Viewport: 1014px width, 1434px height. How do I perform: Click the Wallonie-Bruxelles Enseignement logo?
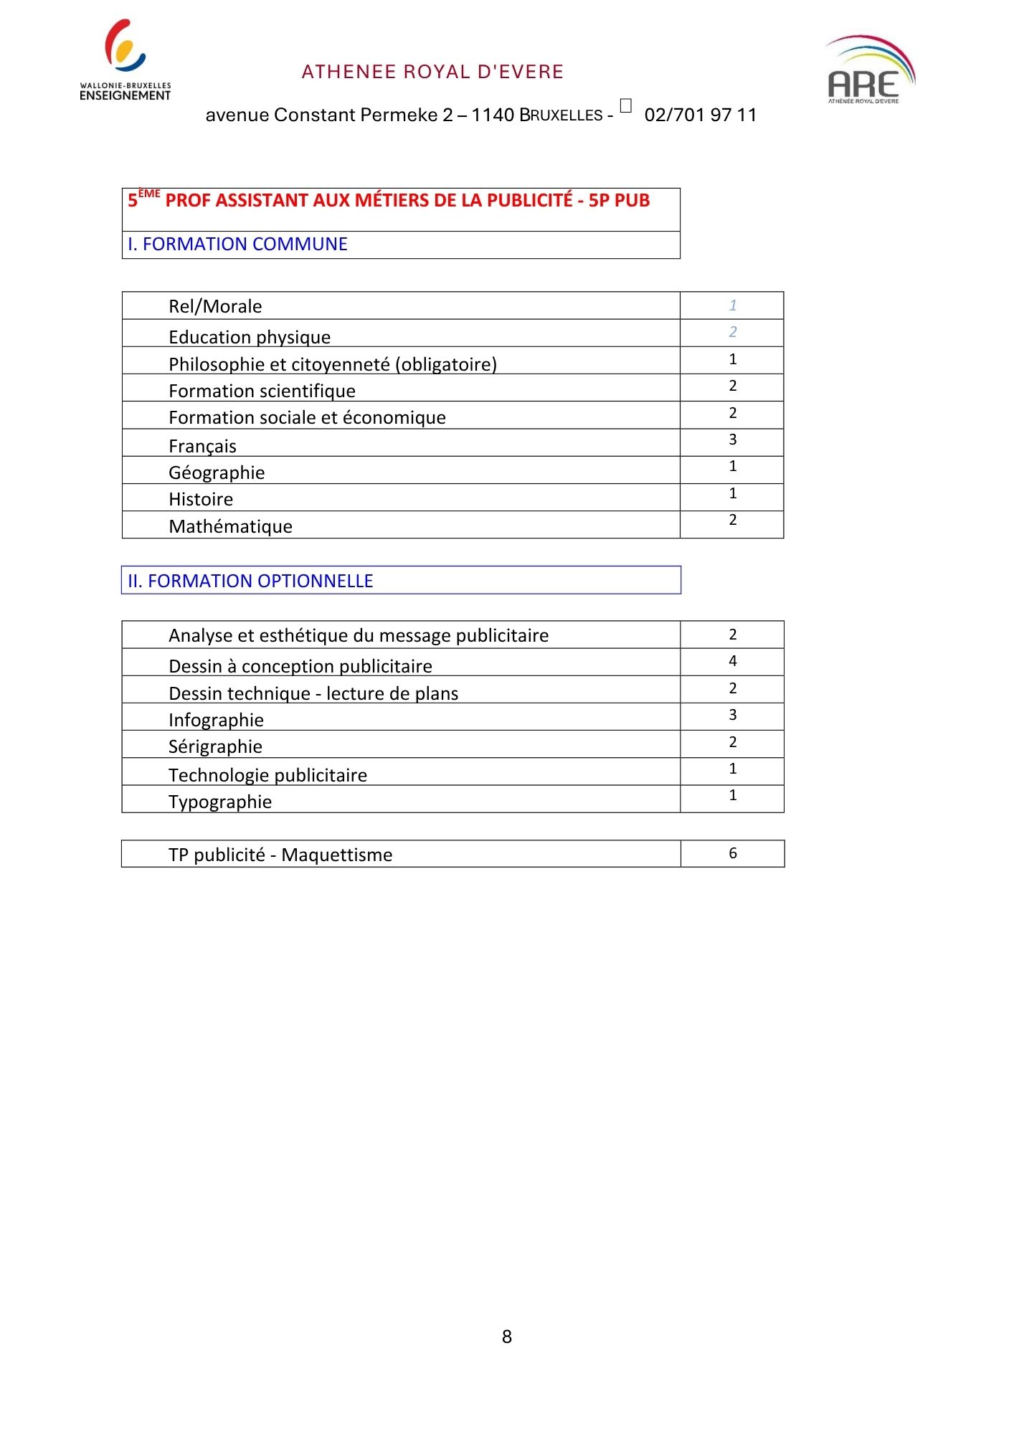(125, 60)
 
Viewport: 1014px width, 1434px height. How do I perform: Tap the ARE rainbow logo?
(869, 70)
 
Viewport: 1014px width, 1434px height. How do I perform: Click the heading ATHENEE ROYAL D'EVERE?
(432, 72)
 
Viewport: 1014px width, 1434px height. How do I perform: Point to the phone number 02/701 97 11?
(700, 115)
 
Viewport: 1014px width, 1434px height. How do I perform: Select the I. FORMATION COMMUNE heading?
(237, 244)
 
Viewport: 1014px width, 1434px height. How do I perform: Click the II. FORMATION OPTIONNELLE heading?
(250, 581)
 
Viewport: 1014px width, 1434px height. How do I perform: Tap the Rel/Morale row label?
(215, 306)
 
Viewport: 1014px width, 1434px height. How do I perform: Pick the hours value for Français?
(732, 440)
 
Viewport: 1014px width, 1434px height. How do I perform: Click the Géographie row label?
(217, 473)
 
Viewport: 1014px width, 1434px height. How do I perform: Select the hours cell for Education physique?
(732, 332)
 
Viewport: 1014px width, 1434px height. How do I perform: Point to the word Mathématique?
(230, 526)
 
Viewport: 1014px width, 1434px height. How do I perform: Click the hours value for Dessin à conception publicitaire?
(732, 661)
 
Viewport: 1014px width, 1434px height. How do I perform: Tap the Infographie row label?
(216, 720)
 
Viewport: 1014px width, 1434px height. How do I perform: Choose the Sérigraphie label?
(215, 746)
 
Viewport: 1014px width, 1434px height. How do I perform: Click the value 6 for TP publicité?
(732, 853)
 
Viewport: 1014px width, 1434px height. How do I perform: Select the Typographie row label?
(220, 802)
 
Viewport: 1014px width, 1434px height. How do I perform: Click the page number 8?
(507, 1336)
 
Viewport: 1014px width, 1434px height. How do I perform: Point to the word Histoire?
(201, 499)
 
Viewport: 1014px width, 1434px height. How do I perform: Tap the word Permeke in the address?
(404, 115)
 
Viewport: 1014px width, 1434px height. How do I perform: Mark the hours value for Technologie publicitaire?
(732, 769)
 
